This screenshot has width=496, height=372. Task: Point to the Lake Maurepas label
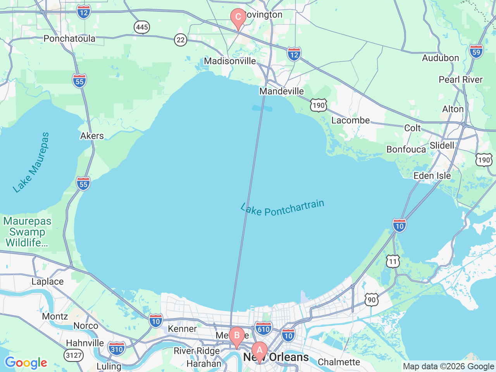pyautogui.click(x=31, y=162)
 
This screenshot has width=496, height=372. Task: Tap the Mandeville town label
pyautogui.click(x=281, y=91)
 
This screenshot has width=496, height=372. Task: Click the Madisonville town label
pyautogui.click(x=230, y=61)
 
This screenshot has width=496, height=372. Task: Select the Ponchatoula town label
pyautogui.click(x=69, y=38)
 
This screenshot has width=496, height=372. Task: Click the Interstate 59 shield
pyautogui.click(x=476, y=52)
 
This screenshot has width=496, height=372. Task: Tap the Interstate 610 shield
pyautogui.click(x=263, y=329)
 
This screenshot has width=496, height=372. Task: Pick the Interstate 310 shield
pyautogui.click(x=116, y=349)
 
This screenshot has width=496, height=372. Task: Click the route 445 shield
pyautogui.click(x=142, y=27)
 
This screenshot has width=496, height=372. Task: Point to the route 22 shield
pyautogui.click(x=180, y=40)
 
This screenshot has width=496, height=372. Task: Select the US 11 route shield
pyautogui.click(x=393, y=262)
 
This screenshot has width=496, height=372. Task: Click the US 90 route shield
pyautogui.click(x=372, y=300)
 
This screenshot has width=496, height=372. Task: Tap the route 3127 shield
pyautogui.click(x=74, y=355)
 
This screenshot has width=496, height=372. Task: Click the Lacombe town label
pyautogui.click(x=350, y=120)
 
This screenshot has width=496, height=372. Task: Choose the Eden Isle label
pyautogui.click(x=432, y=176)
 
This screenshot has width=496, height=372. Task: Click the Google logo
pyautogui.click(x=26, y=363)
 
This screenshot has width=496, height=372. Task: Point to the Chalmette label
pyautogui.click(x=339, y=362)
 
